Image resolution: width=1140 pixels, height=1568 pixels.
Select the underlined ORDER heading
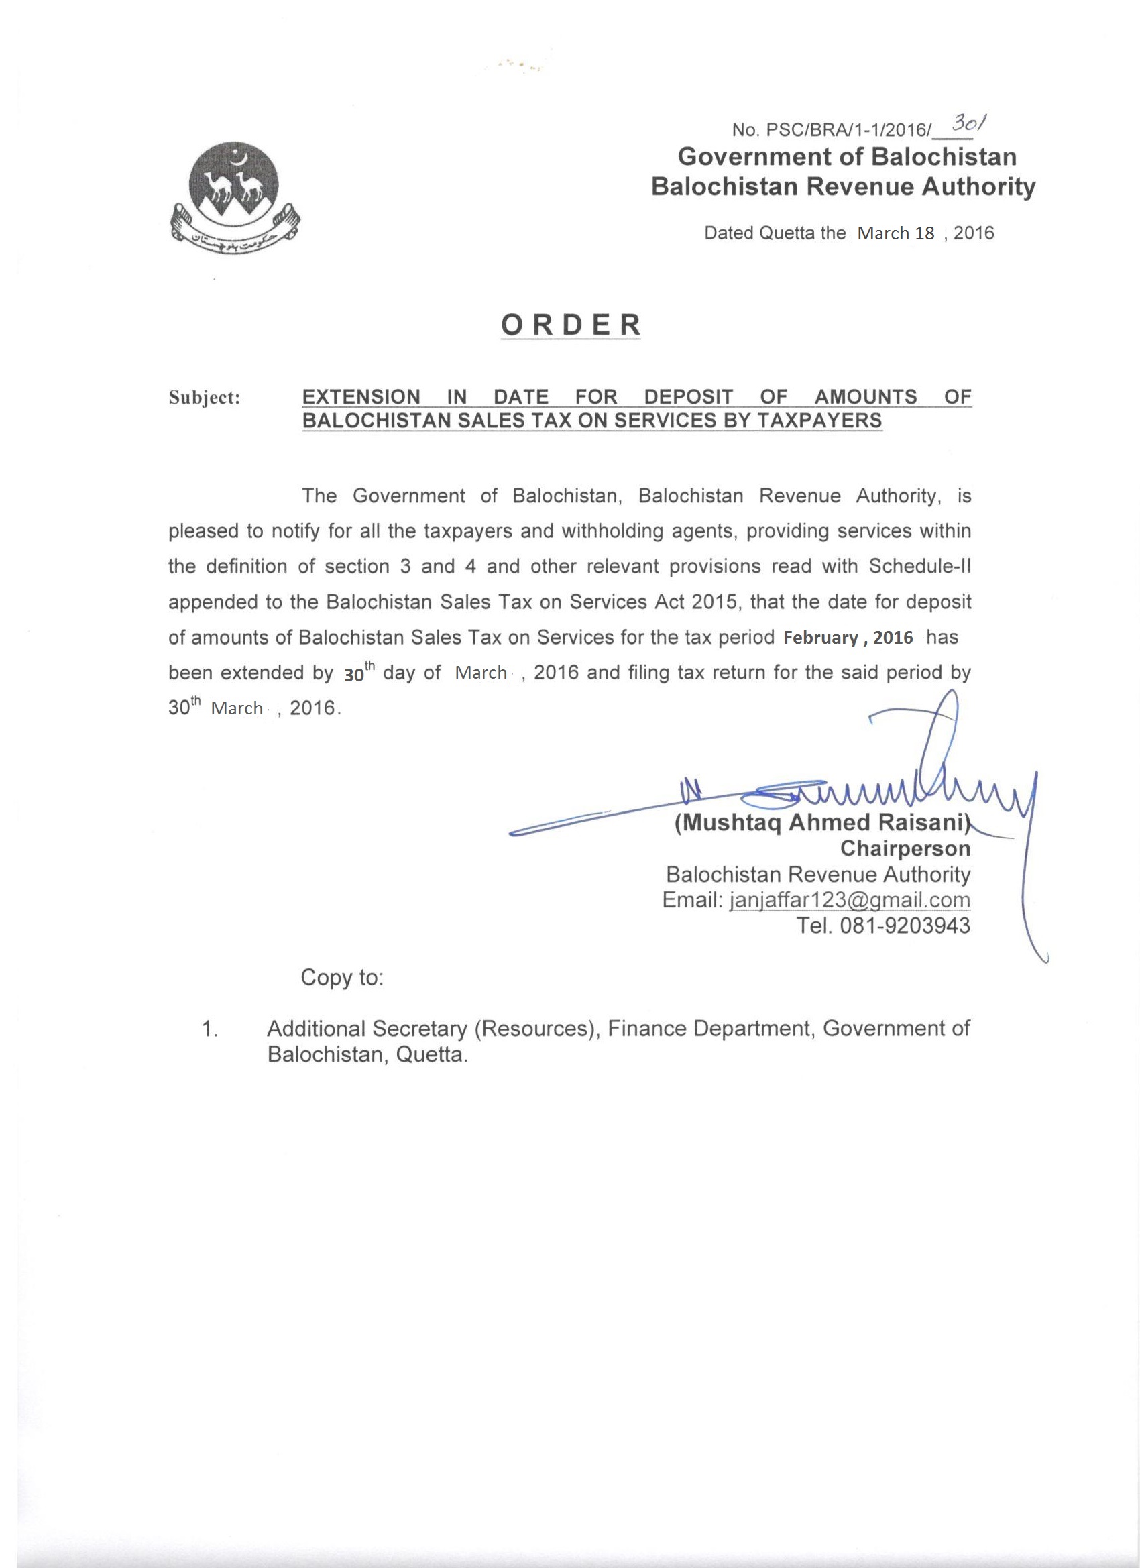[x=571, y=325]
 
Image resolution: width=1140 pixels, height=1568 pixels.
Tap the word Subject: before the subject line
[x=205, y=398]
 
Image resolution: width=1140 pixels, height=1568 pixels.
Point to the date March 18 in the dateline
[x=895, y=233]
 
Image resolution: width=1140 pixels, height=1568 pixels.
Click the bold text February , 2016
[x=848, y=637]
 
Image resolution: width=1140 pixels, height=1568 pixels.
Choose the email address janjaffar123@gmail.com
[x=850, y=900]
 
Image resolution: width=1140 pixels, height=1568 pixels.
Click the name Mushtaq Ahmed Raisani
[x=823, y=824]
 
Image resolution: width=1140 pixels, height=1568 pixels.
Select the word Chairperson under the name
[x=905, y=848]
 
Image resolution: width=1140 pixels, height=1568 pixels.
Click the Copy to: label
[x=341, y=978]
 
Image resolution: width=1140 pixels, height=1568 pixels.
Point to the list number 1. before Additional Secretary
[x=210, y=1029]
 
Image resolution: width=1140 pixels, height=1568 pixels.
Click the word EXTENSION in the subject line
[x=361, y=397]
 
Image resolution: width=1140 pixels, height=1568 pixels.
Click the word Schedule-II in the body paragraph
[x=919, y=566]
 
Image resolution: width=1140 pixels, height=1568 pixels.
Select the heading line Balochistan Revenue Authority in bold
[x=844, y=187]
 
